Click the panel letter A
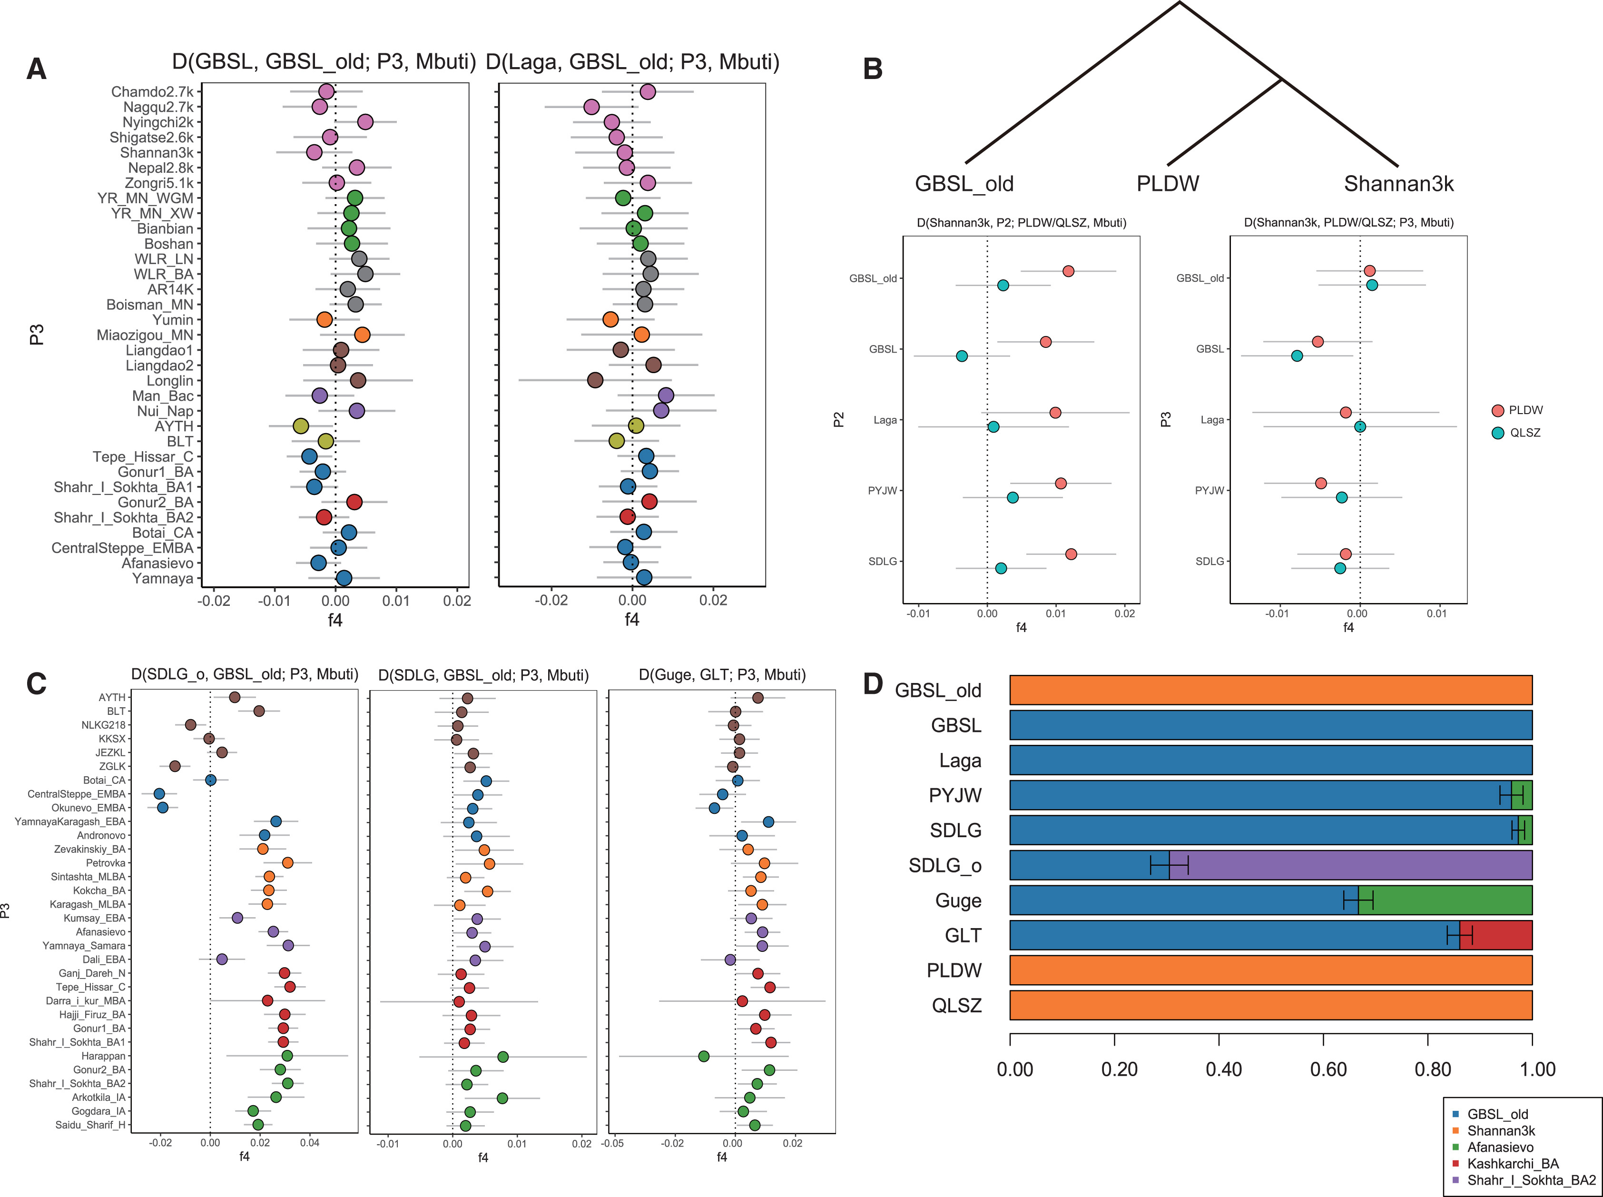coord(36,69)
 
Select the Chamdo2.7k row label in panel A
coord(152,92)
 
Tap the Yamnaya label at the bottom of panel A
coord(163,579)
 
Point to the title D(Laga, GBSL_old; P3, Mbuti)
coord(632,62)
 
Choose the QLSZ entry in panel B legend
coord(1525,433)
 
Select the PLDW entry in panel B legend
coord(1525,411)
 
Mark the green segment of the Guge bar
coord(1445,900)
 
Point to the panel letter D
coord(874,683)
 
